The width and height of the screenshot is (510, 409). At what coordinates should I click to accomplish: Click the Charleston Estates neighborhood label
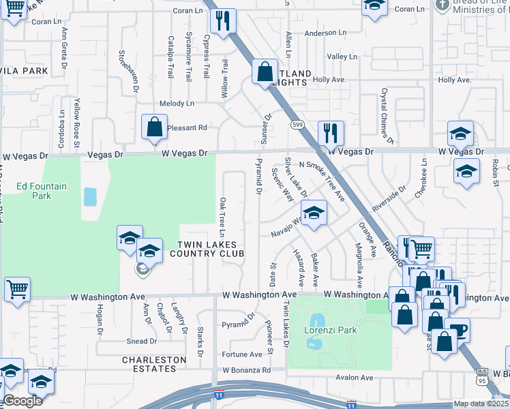point(154,364)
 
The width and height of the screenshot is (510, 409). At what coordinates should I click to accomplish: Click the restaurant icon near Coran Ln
point(222,22)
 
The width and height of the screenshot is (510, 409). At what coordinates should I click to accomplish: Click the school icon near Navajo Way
point(313,213)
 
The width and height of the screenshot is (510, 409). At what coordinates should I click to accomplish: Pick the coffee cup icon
point(457,331)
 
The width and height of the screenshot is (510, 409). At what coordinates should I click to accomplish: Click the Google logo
point(22,402)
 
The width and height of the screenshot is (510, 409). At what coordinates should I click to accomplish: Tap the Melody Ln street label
point(177,104)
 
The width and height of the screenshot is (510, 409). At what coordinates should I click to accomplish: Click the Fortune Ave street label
point(242,354)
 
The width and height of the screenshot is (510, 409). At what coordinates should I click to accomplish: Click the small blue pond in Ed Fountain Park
point(90,197)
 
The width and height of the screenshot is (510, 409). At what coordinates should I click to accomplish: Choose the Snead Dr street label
point(141,342)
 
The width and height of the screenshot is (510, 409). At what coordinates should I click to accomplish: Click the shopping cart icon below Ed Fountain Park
point(17,289)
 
